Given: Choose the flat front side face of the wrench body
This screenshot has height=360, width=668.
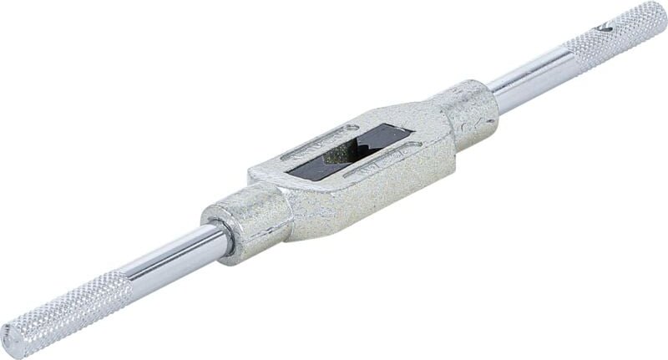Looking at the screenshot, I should [367, 196].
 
